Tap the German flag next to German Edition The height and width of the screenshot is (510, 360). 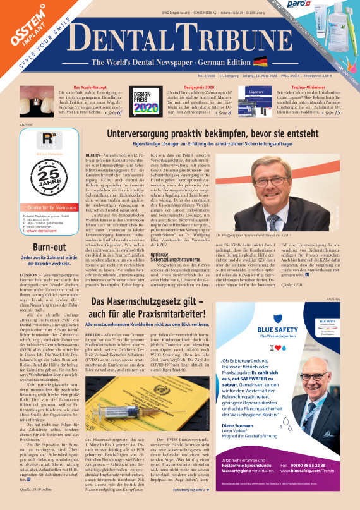(x=260, y=61)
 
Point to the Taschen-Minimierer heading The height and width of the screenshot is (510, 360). (x=308, y=87)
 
